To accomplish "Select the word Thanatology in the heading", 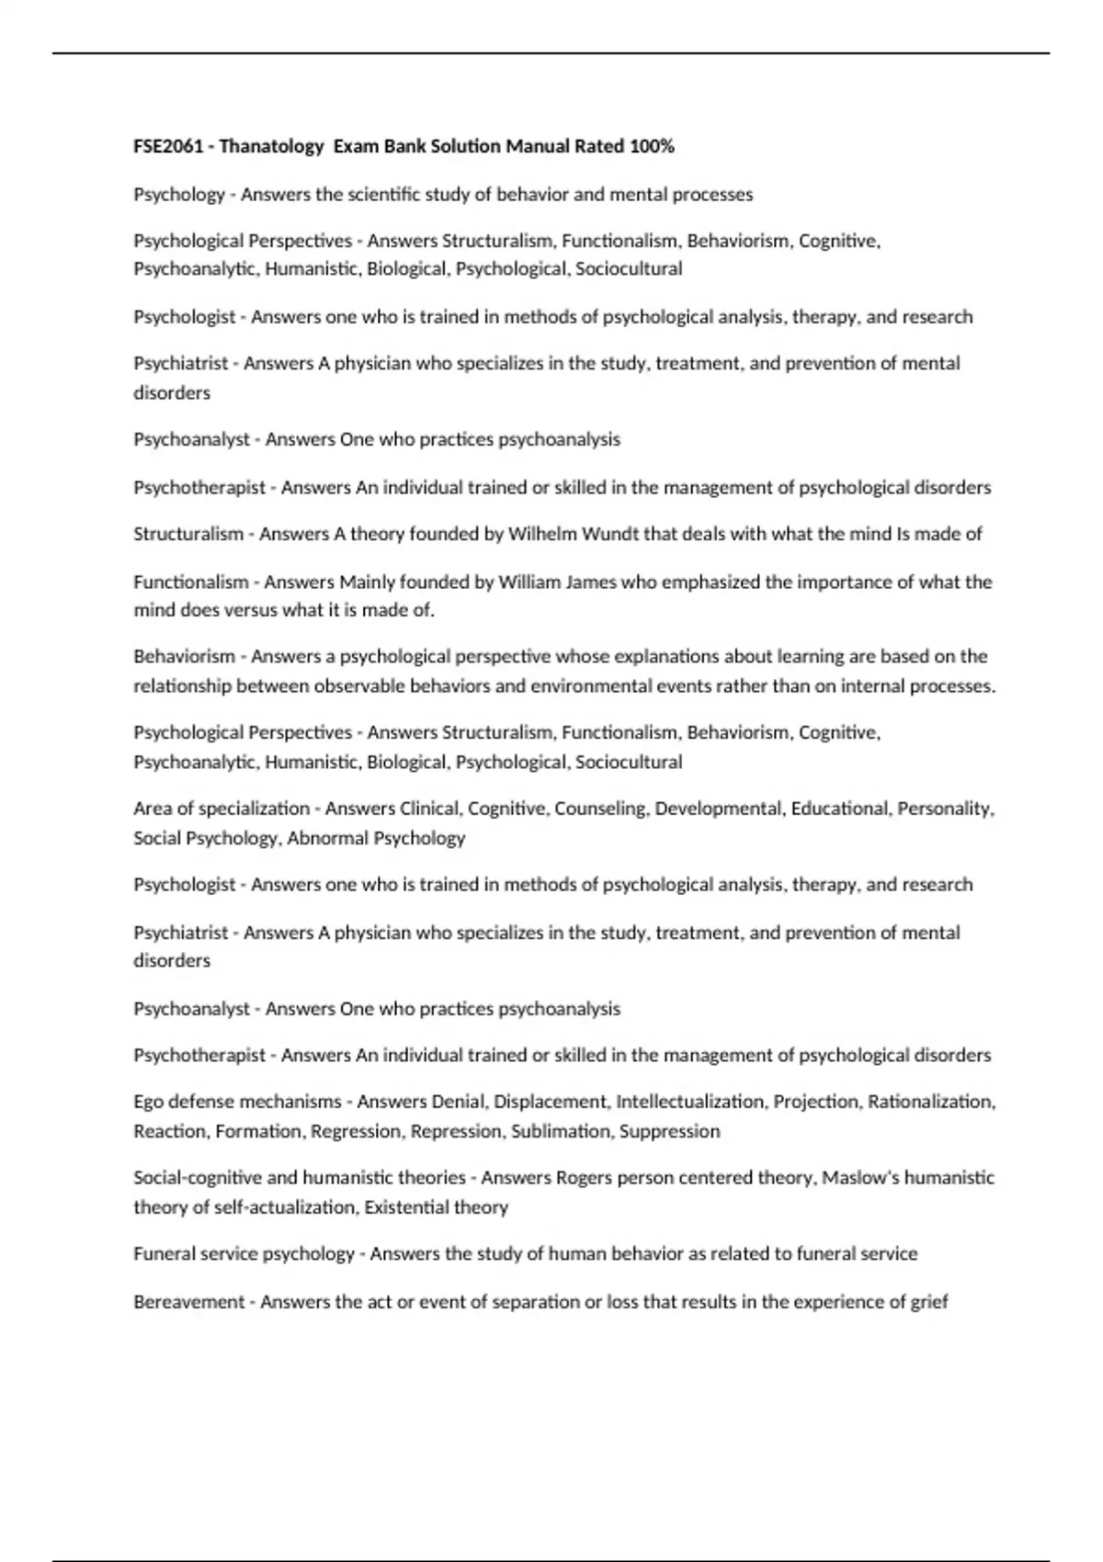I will pyautogui.click(x=272, y=146).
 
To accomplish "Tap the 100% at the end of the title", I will pyautogui.click(x=652, y=146).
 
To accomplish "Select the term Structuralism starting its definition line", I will pyautogui.click(x=188, y=534).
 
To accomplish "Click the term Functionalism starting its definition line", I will pyautogui.click(x=191, y=582).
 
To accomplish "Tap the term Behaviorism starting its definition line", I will pyautogui.click(x=184, y=656).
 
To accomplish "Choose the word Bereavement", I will pyautogui.click(x=189, y=1301).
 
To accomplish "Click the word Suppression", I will pyautogui.click(x=669, y=1130).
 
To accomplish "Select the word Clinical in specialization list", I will pyautogui.click(x=431, y=809).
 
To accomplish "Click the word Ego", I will pyautogui.click(x=149, y=1101).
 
